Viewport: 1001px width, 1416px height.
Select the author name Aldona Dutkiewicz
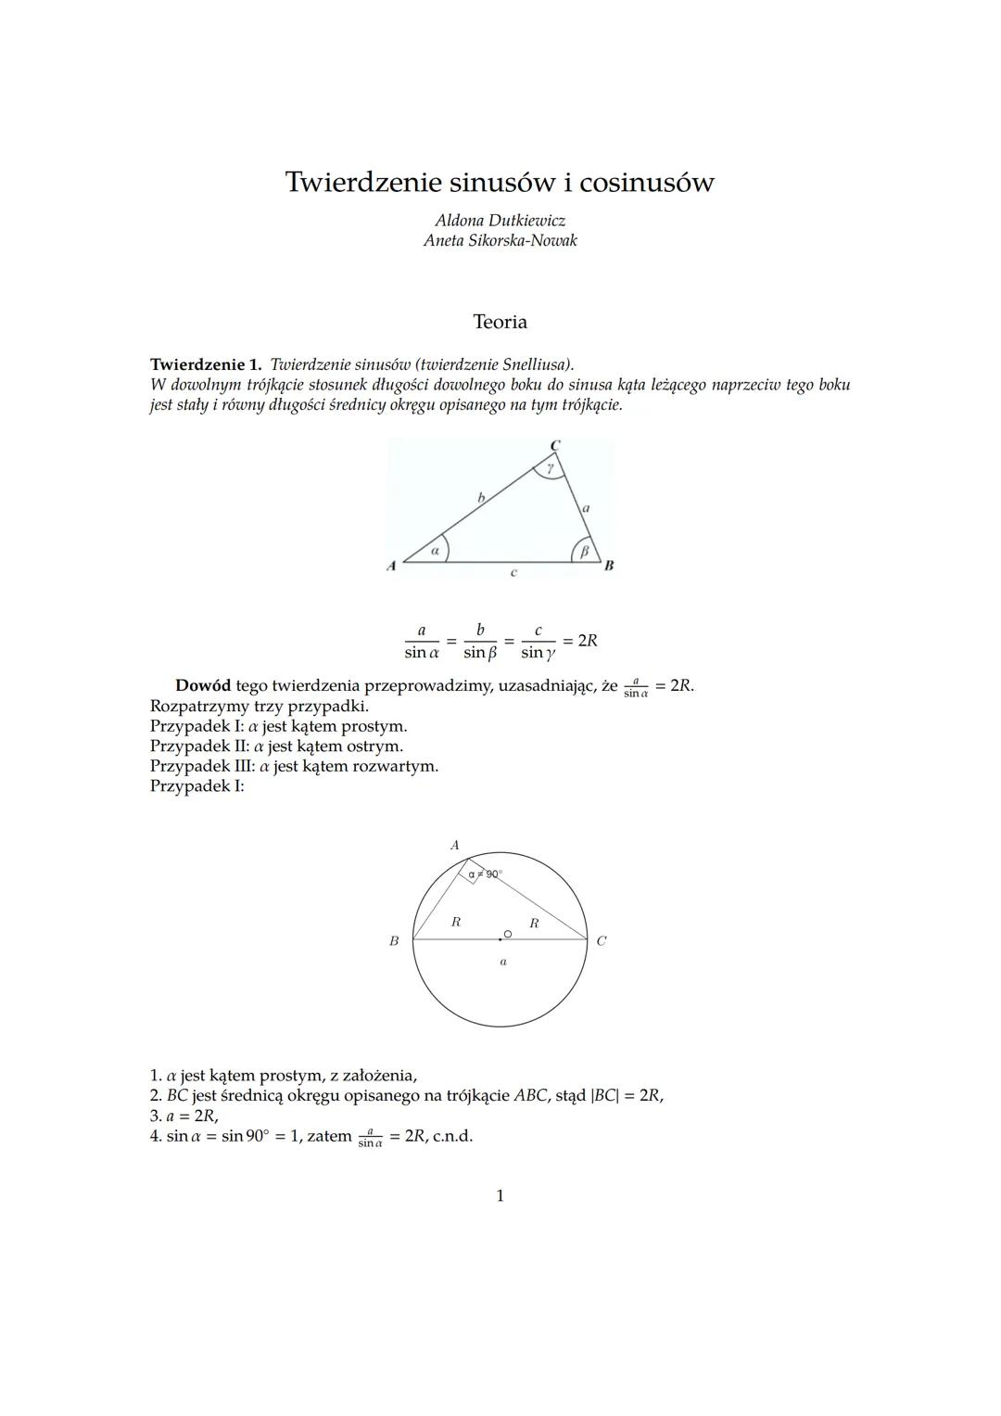(x=500, y=221)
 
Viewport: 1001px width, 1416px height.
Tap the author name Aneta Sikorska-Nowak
(x=500, y=240)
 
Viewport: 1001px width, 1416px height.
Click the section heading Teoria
(x=500, y=322)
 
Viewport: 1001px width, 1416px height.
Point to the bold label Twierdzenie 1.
(x=206, y=364)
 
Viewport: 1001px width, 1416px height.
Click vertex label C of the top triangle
(x=555, y=446)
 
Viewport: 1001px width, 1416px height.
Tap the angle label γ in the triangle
(x=551, y=469)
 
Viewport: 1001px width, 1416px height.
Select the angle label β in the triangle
(x=584, y=552)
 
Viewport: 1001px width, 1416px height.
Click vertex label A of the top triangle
(x=391, y=565)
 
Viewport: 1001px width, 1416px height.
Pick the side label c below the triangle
(x=513, y=573)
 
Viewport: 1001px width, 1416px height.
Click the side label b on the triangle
(x=480, y=498)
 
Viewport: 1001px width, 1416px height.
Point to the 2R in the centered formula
(x=587, y=641)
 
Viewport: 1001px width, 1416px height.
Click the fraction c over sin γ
(x=538, y=642)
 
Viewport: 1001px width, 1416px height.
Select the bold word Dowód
(x=203, y=686)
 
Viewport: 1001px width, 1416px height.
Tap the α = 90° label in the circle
(x=485, y=874)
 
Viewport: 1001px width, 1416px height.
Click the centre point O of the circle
(x=507, y=934)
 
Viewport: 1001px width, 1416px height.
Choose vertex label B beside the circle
(x=394, y=941)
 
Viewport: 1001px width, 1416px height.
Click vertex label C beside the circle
(x=602, y=941)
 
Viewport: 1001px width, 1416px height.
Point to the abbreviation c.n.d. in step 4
(x=452, y=1136)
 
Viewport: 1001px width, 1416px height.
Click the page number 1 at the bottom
(x=500, y=1196)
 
